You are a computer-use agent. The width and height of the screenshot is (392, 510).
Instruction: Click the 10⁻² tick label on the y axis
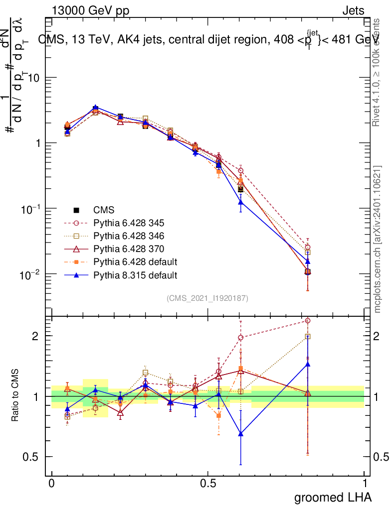tap(31, 274)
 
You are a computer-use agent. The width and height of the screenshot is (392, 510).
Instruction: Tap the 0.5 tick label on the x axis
tap(208, 483)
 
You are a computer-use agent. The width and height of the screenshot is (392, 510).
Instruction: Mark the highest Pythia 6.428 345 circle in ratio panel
tap(307, 321)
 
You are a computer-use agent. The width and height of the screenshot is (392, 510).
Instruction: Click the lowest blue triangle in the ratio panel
tap(241, 434)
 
